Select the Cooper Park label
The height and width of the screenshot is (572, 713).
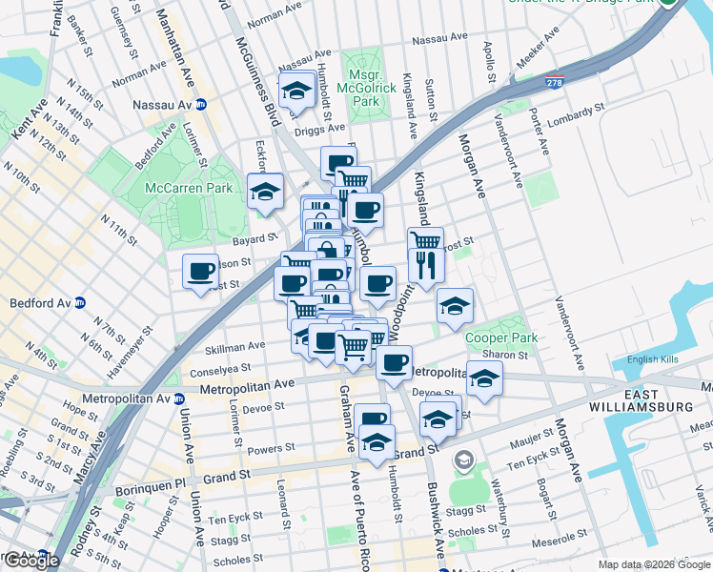[x=501, y=337]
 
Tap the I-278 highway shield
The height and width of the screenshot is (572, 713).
[x=554, y=83]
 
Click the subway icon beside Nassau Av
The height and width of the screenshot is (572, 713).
[x=202, y=105]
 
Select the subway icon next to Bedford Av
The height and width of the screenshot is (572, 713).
[x=81, y=303]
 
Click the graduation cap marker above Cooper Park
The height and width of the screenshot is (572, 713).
[x=456, y=305]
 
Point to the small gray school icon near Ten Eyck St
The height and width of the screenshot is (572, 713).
[x=464, y=460]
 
